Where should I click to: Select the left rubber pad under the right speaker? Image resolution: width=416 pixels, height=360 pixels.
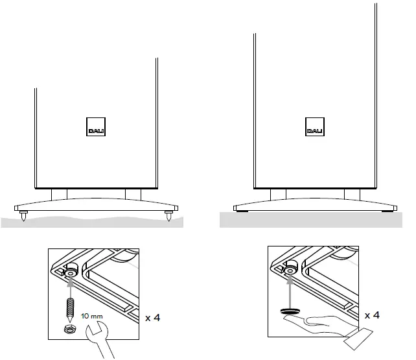242,211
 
